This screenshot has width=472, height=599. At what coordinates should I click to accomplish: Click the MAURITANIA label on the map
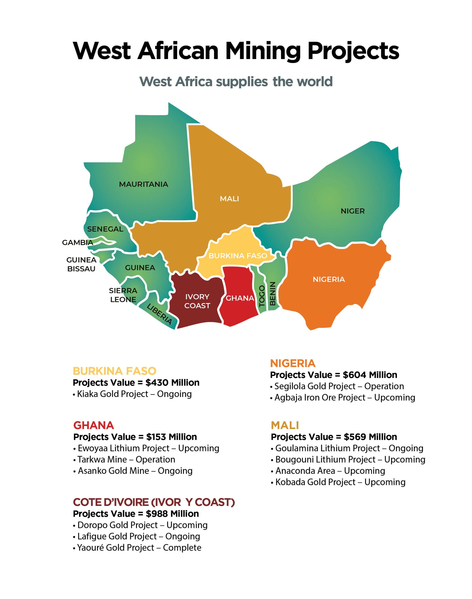coord(143,184)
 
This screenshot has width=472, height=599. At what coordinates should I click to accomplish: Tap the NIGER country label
coord(353,211)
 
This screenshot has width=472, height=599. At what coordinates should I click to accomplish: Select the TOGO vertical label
coord(262,296)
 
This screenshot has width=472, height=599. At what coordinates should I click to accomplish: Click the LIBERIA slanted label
coord(159,314)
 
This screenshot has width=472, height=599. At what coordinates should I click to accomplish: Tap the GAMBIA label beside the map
coord(77,243)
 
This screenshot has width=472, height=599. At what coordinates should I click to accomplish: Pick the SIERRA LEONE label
coord(123,295)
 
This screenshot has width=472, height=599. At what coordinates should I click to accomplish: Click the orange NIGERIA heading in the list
coord(293,363)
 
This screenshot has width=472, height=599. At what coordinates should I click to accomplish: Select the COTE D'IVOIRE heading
coord(154,502)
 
